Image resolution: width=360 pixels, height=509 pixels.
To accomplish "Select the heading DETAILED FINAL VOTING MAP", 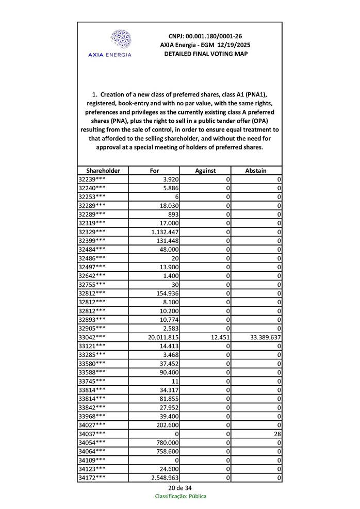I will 205,54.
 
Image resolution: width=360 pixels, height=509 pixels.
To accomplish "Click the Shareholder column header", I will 103,170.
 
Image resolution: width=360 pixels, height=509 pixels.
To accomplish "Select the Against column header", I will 205,170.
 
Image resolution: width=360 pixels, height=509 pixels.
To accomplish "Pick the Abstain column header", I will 256,170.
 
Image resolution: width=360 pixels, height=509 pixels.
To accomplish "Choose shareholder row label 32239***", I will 92,179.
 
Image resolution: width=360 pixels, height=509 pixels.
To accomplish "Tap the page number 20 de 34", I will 179,487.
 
